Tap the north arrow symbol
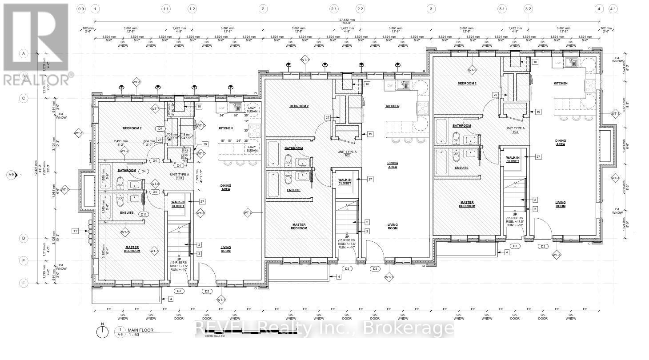(103, 331)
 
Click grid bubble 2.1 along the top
(334, 9)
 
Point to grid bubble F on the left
(24, 283)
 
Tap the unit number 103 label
(516, 132)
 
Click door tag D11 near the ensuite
(144, 215)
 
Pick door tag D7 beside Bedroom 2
(160, 128)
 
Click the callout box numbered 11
(76, 231)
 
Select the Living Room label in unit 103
(560, 204)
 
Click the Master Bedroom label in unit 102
(299, 227)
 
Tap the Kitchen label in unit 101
(225, 128)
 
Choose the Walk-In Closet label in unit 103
(513, 159)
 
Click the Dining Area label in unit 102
(392, 165)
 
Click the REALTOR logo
(36, 44)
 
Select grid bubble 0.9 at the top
(81, 9)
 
